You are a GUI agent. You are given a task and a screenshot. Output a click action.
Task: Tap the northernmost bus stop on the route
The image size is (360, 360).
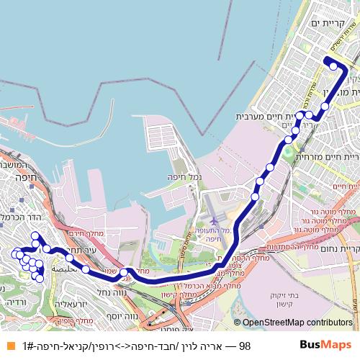[x=333, y=66]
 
